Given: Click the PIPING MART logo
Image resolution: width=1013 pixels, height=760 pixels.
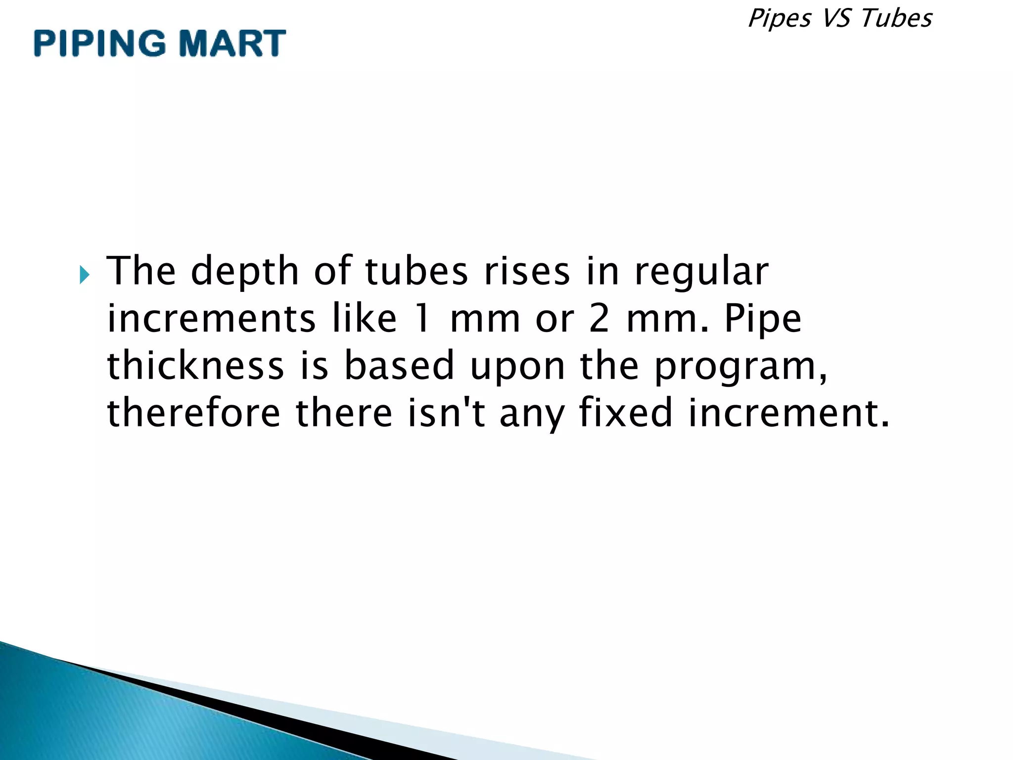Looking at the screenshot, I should (160, 43).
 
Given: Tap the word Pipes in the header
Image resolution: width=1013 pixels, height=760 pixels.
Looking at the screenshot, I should (779, 19).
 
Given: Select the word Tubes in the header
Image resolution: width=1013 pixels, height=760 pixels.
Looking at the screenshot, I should (896, 18).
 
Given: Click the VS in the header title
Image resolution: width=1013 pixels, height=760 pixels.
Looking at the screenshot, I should (835, 18).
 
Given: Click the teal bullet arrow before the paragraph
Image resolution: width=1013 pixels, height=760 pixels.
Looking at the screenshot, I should (85, 274).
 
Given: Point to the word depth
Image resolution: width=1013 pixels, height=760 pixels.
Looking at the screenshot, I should (245, 272).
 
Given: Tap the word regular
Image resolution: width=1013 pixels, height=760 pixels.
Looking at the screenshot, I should (701, 272).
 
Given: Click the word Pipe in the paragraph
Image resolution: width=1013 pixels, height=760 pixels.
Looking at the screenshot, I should (762, 319).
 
